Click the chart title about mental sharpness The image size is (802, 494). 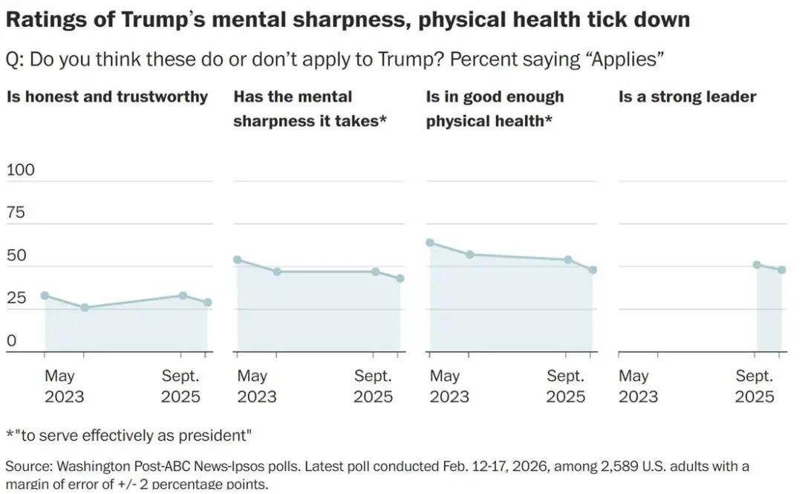pyautogui.click(x=348, y=19)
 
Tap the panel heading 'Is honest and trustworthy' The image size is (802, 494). pyautogui.click(x=107, y=96)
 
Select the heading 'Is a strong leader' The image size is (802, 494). pyautogui.click(x=687, y=96)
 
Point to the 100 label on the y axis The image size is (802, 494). pyautogui.click(x=21, y=170)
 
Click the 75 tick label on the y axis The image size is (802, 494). pyautogui.click(x=16, y=213)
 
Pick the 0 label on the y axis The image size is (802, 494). pyautogui.click(x=11, y=341)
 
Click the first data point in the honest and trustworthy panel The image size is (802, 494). pyautogui.click(x=45, y=295)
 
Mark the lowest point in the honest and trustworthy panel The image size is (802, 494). pyautogui.click(x=85, y=307)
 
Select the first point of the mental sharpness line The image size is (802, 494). pyautogui.click(x=238, y=260)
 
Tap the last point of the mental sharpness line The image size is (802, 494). pyautogui.click(x=400, y=279)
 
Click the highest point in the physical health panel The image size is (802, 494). pyautogui.click(x=430, y=243)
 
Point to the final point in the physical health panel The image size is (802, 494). pyautogui.click(x=593, y=270)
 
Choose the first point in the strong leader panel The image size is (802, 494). pyautogui.click(x=757, y=265)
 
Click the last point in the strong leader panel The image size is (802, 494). pyautogui.click(x=782, y=270)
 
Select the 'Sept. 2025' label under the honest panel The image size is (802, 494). pyautogui.click(x=180, y=386)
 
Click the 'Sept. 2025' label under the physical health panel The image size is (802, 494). pyautogui.click(x=566, y=386)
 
